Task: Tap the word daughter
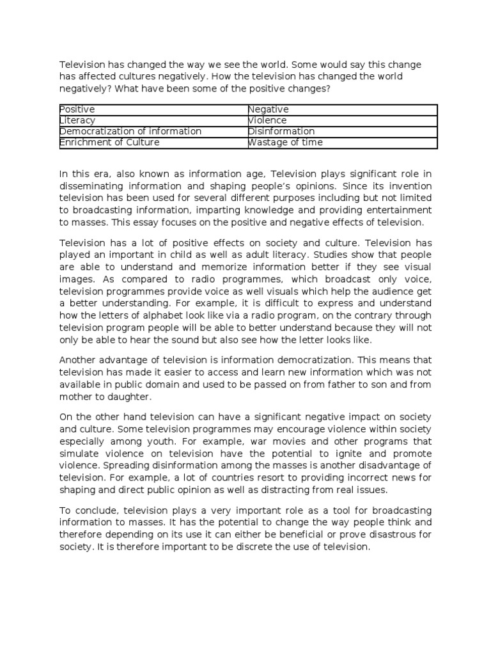coord(134,397)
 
